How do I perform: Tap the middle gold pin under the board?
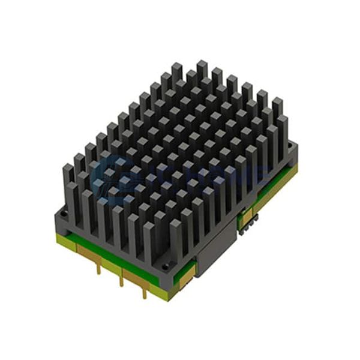click(x=122, y=278)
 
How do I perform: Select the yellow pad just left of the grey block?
click(x=187, y=274)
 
